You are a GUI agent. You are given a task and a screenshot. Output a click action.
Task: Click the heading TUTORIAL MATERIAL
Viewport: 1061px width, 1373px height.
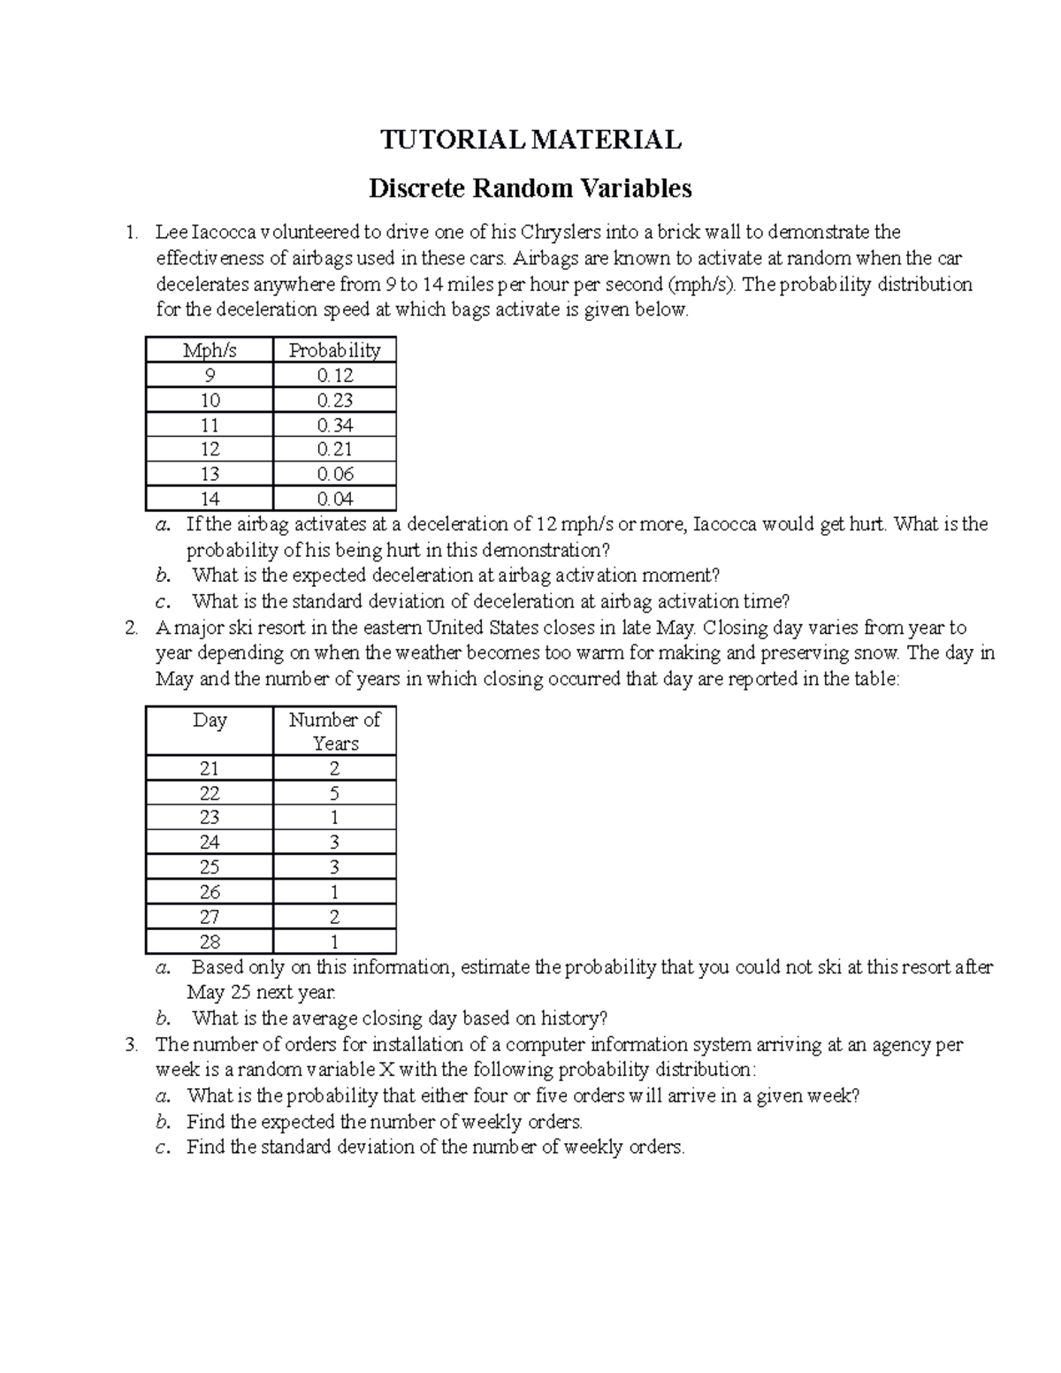coord(530,140)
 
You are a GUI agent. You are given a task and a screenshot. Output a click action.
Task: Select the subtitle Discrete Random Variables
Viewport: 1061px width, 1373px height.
coord(530,188)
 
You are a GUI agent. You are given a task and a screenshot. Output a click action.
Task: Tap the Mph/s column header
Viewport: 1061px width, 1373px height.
coord(210,350)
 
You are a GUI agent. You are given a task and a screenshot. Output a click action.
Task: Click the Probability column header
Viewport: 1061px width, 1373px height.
coord(334,350)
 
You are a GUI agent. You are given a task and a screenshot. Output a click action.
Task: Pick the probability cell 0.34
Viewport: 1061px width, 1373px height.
coord(334,424)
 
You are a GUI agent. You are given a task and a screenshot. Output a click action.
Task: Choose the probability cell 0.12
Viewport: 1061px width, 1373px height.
coord(334,375)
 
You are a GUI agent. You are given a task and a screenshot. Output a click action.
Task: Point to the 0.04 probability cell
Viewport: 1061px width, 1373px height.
coord(334,499)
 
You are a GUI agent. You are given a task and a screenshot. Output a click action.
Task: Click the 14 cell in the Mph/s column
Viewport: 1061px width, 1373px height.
coord(210,499)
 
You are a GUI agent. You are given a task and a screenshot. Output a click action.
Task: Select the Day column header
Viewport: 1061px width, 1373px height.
coord(210,720)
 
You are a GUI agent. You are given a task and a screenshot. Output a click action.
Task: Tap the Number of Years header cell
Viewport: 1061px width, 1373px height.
coord(334,731)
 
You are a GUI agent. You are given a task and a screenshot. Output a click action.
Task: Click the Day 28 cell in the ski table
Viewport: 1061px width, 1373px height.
coord(210,942)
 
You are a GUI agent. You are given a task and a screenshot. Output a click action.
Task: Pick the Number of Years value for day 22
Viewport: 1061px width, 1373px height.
coord(334,793)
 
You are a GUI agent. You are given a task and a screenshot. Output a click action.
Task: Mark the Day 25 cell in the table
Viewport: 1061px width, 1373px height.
coord(210,867)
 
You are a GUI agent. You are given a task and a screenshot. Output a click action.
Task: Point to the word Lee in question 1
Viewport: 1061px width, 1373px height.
coord(172,233)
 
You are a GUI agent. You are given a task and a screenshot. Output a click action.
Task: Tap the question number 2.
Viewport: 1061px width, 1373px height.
coord(131,629)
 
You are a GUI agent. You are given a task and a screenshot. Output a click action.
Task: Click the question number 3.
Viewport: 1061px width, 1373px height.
coord(131,1045)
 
